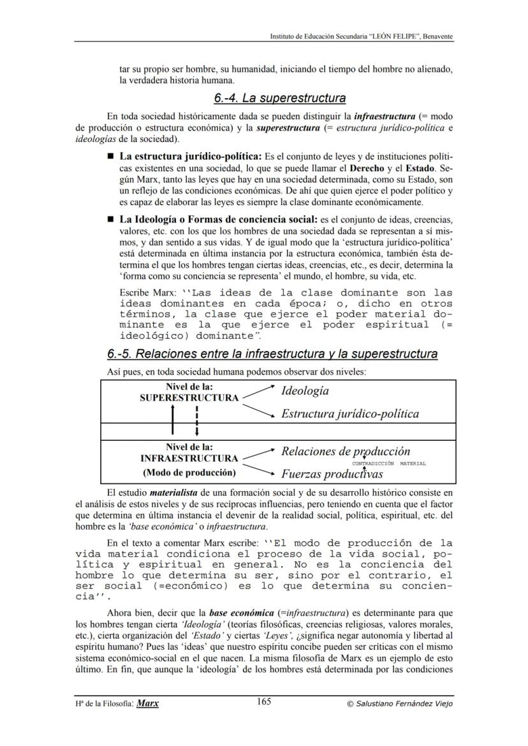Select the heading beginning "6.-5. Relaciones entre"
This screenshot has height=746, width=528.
[272, 354]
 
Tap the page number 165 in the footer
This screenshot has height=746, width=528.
[264, 702]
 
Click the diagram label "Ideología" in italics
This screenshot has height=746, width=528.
[305, 391]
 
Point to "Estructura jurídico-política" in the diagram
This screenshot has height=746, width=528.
[350, 414]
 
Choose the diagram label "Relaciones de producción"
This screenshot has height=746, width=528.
[346, 452]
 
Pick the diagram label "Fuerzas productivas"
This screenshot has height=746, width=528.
[332, 475]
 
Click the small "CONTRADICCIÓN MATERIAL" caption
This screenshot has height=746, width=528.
[389, 464]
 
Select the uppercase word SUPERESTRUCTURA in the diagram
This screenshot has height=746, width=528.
[189, 398]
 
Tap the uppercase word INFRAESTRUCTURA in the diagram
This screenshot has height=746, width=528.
[189, 458]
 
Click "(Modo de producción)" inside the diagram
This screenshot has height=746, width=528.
[189, 473]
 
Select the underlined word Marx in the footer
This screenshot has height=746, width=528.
[148, 703]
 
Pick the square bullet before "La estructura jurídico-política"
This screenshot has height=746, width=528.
[110, 156]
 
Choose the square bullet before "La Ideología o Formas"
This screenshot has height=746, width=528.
[110, 220]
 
